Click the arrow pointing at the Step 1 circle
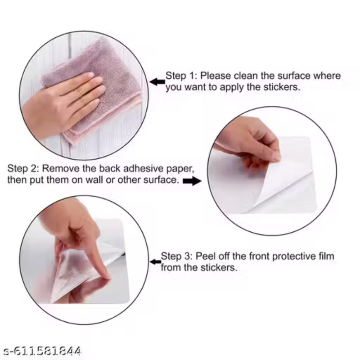click(x=157, y=82)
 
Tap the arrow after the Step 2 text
click(x=193, y=181)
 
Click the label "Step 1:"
click(x=181, y=76)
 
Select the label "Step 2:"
click(x=22, y=169)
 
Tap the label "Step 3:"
click(x=176, y=256)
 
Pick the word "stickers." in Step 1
click(x=282, y=87)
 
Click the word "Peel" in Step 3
click(x=205, y=256)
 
